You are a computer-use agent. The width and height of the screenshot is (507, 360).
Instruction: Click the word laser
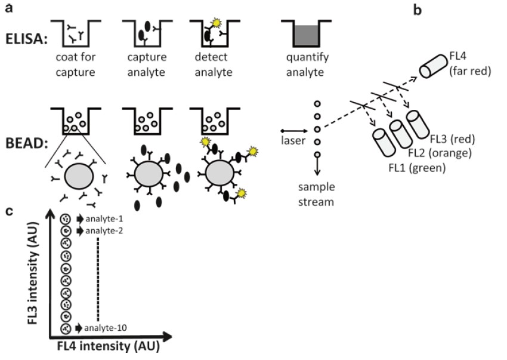(x=293, y=141)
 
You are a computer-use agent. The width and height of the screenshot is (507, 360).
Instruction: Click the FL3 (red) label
(x=451, y=141)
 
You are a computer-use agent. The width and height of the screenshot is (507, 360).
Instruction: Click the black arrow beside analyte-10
(x=79, y=327)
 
